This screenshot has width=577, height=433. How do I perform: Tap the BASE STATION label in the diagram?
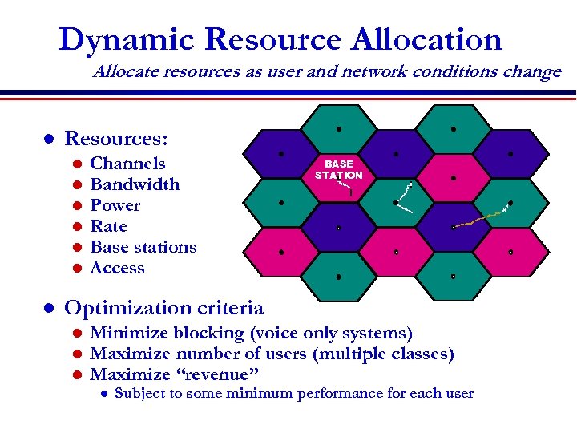(338, 169)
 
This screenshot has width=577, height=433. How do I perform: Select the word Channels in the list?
(127, 164)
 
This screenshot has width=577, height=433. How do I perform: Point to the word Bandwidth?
(135, 184)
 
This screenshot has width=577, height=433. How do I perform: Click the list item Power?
(115, 205)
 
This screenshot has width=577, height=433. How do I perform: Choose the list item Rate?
(108, 226)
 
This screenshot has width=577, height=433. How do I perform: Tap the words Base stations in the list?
(143, 247)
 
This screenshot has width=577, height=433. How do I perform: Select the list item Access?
(117, 268)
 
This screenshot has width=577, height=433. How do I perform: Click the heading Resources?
(115, 139)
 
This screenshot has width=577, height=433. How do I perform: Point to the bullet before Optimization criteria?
(48, 308)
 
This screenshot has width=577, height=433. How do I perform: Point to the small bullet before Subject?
(103, 394)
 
